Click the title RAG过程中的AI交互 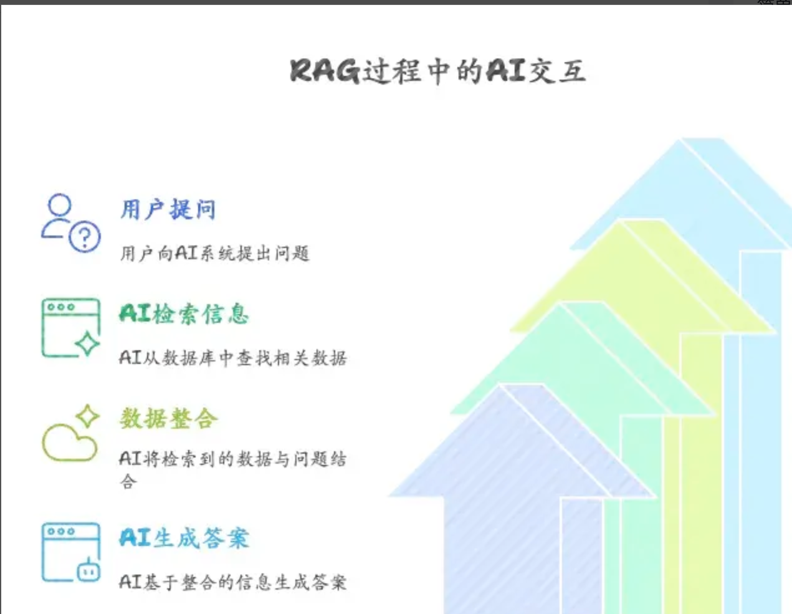point(437,70)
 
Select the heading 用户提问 point(168,209)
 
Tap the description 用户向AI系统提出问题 point(214,253)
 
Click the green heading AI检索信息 point(184,314)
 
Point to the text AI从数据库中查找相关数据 point(232,358)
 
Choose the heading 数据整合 point(168,418)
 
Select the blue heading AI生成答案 point(184,538)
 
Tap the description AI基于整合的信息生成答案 point(232,582)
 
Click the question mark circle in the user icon point(85,237)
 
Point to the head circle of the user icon point(60,205)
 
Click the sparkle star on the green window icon point(87,343)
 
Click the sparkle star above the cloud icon point(87,416)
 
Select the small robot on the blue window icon point(88,570)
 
